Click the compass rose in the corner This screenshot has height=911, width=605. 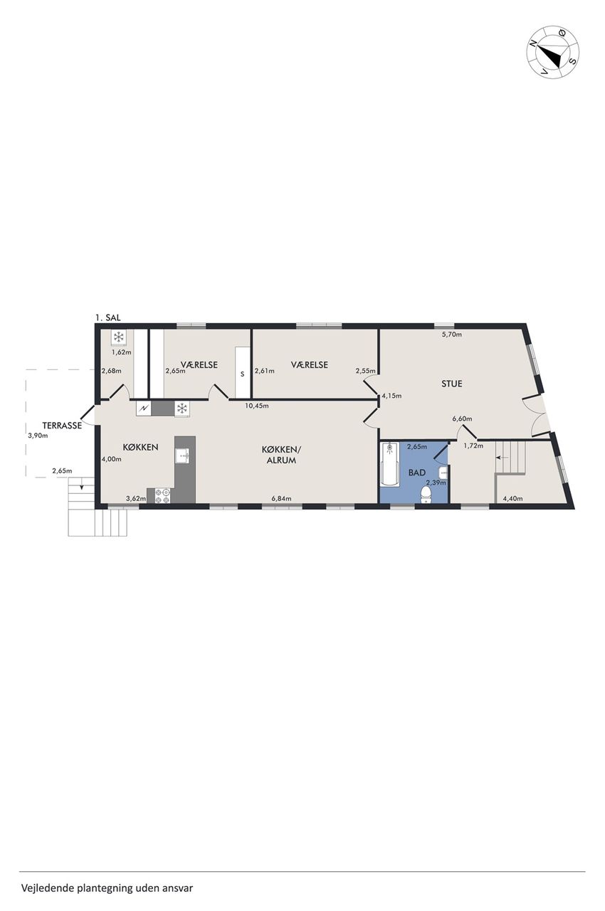553,52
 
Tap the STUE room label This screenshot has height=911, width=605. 452,384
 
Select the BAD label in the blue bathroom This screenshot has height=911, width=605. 417,472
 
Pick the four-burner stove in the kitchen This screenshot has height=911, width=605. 162,496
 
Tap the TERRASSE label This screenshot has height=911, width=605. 62,426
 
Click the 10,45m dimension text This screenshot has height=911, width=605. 256,406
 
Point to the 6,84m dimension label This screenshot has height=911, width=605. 281,499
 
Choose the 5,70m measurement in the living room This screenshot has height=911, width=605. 452,335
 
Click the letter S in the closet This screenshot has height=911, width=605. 242,374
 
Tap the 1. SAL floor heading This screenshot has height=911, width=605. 107,318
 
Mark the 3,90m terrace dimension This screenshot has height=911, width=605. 38,436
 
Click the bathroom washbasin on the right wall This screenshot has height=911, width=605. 443,473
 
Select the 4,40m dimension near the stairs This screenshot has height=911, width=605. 512,499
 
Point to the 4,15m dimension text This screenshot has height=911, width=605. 391,395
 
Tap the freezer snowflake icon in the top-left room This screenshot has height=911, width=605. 118,337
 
